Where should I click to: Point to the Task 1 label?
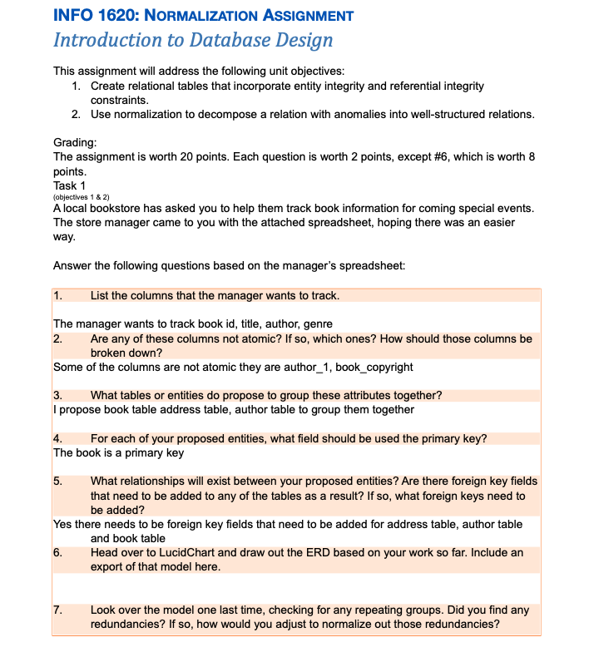pyautogui.click(x=70, y=185)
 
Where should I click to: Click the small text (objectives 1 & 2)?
pyautogui.click(x=82, y=196)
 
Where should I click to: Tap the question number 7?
pyautogui.click(x=57, y=610)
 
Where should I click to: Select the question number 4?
pyautogui.click(x=57, y=438)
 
